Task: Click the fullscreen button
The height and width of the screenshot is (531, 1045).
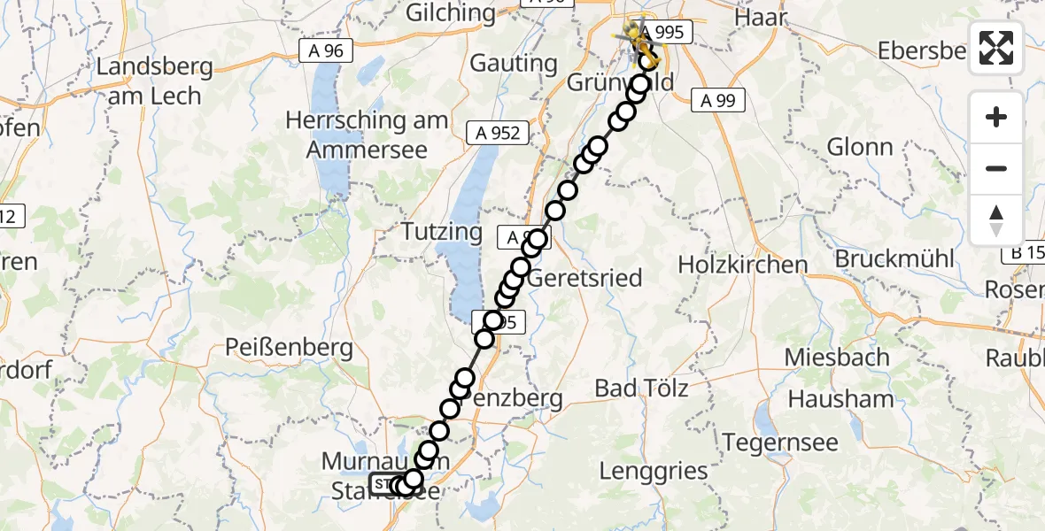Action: point(996,49)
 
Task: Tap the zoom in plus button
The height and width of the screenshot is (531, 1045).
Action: point(996,117)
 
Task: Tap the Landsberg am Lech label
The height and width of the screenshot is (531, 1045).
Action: point(156,81)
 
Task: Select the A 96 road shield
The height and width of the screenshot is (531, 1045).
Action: point(326,51)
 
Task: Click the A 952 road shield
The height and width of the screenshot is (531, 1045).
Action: point(498,133)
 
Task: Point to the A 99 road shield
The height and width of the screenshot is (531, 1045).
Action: point(717,101)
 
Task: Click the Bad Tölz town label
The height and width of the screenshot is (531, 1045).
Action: point(641,388)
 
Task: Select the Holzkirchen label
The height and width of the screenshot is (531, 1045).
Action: point(743,264)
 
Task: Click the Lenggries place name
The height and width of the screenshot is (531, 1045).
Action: point(654,471)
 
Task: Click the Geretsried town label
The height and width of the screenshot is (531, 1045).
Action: point(584,278)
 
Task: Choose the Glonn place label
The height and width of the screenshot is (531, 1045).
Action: point(859,146)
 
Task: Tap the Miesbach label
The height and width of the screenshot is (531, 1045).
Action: point(839,357)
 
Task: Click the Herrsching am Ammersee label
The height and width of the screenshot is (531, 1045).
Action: point(367,135)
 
